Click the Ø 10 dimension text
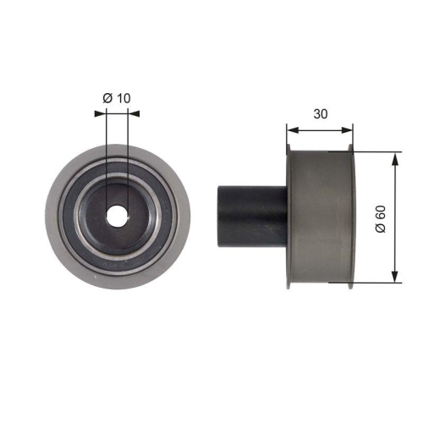point(117,99)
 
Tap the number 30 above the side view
point(320,112)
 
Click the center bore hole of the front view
point(117,216)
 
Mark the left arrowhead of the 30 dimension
point(290,130)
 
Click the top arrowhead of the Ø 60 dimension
point(395,157)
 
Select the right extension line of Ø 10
point(128,161)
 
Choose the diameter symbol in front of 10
point(107,99)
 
